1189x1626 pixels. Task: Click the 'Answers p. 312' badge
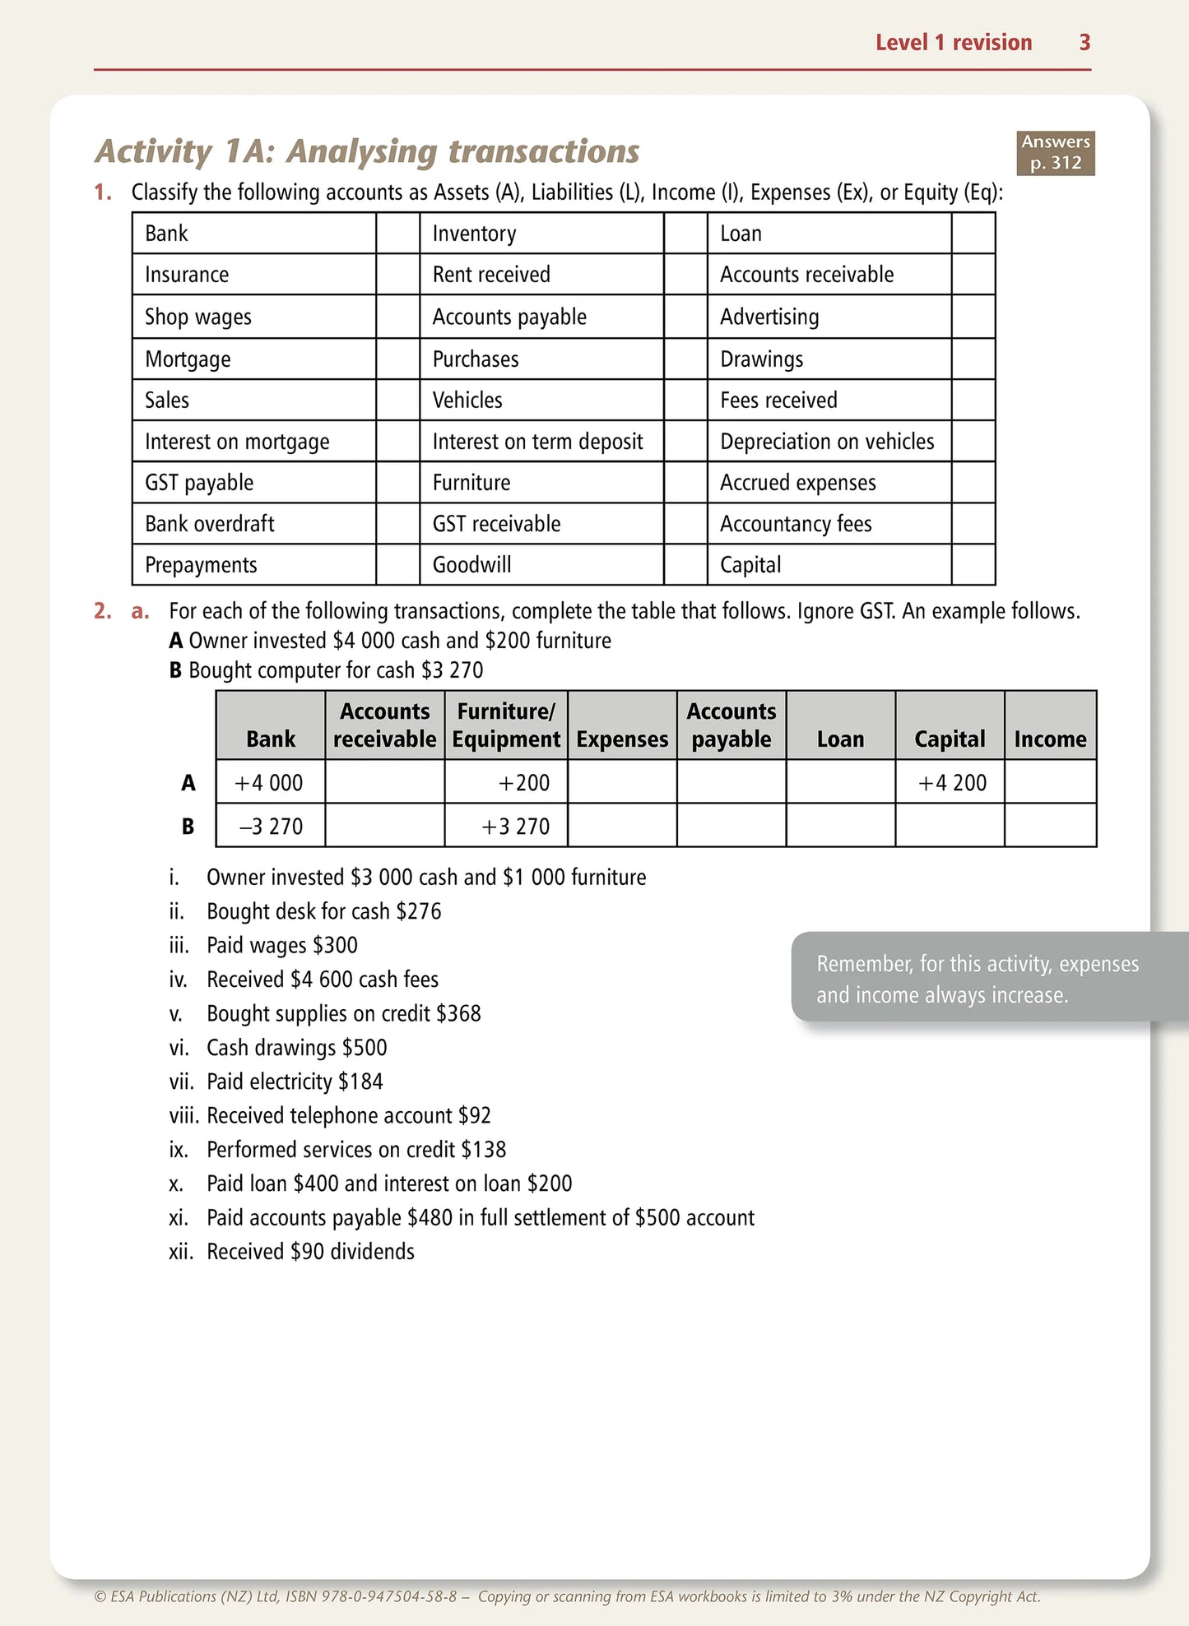[x=1055, y=153]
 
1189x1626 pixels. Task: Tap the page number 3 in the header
[x=1084, y=43]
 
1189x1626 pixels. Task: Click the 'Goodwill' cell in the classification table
[x=471, y=565]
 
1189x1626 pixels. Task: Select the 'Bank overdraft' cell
[x=210, y=524]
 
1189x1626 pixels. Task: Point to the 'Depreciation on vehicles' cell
[x=827, y=442]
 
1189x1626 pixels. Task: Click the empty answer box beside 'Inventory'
[x=685, y=234]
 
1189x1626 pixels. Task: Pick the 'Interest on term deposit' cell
[x=537, y=442]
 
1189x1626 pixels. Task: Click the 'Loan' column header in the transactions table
[x=840, y=739]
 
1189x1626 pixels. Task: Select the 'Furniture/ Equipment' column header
[x=505, y=725]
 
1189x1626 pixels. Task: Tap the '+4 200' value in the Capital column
[x=952, y=782]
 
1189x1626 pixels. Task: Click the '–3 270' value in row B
[x=271, y=826]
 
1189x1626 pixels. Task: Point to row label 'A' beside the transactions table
[x=188, y=782]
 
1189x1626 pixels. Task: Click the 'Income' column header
[x=1050, y=739]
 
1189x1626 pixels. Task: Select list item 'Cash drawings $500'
[x=296, y=1048]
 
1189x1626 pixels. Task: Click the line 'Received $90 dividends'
[x=310, y=1252]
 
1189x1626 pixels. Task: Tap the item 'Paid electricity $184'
[x=295, y=1082]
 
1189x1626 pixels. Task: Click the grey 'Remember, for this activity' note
[x=977, y=979]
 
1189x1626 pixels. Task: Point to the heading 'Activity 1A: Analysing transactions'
[x=367, y=151]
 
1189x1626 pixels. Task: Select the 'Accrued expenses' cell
[x=797, y=483]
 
